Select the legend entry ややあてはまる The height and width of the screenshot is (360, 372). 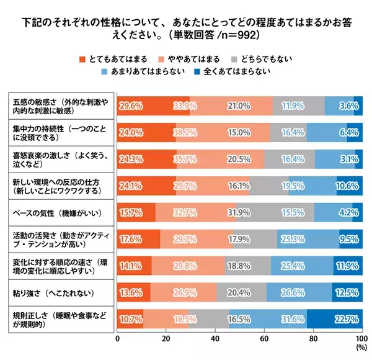pyautogui.click(x=192, y=59)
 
